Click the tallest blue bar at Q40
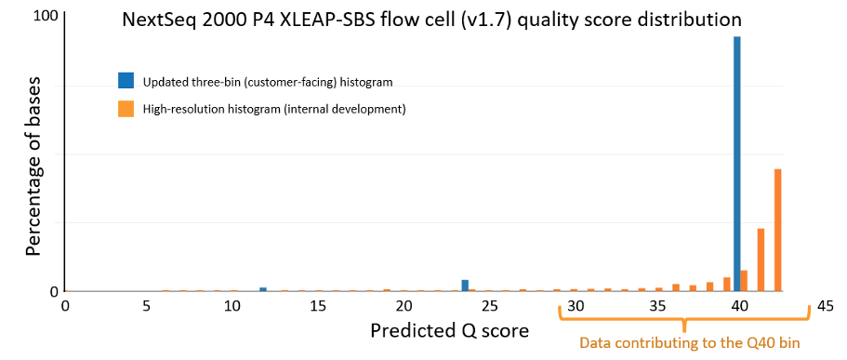[x=736, y=164]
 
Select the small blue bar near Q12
[x=263, y=289]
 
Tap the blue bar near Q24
[x=465, y=286]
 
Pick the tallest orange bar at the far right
[x=778, y=231]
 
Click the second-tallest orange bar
[x=761, y=260]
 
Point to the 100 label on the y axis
[x=46, y=16]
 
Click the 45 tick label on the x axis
[x=825, y=306]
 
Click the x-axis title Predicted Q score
[x=448, y=329]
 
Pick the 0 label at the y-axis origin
[x=54, y=291]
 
